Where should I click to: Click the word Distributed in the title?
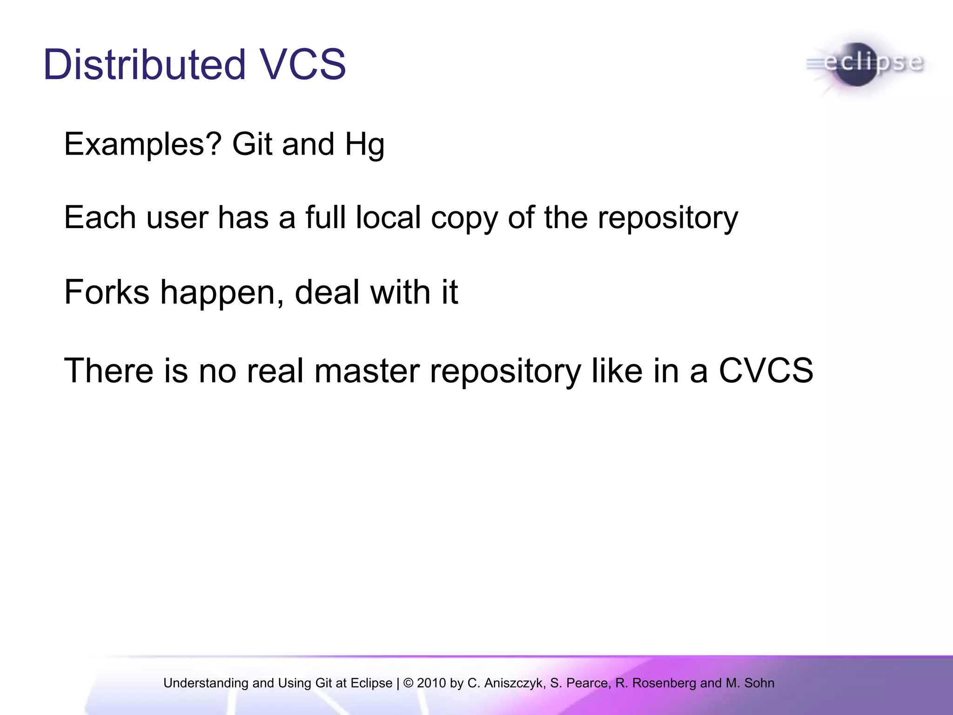tap(144, 65)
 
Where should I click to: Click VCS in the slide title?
tap(303, 65)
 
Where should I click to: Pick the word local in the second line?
tap(388, 217)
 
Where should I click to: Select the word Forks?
tap(107, 292)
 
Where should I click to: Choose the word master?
tap(367, 371)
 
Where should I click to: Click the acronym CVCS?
tap(765, 371)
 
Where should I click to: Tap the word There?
tap(108, 371)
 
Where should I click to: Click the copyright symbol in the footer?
tap(408, 683)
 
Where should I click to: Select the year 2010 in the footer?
tap(431, 683)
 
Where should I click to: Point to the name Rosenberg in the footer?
tap(664, 683)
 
